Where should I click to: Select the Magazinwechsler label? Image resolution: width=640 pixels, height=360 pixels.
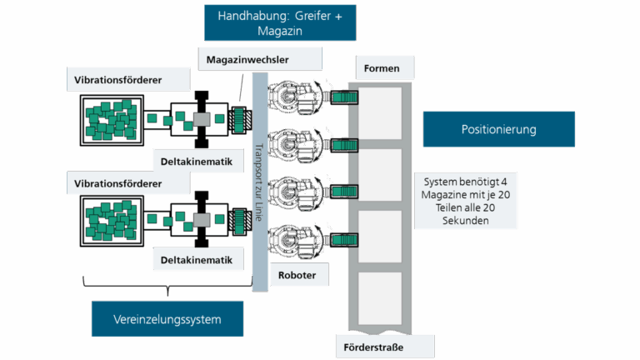(260, 57)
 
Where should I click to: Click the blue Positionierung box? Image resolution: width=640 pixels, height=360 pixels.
(498, 129)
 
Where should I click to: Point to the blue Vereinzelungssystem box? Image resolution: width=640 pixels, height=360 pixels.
(167, 319)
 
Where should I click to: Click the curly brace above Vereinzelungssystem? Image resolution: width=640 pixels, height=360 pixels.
(167, 289)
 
